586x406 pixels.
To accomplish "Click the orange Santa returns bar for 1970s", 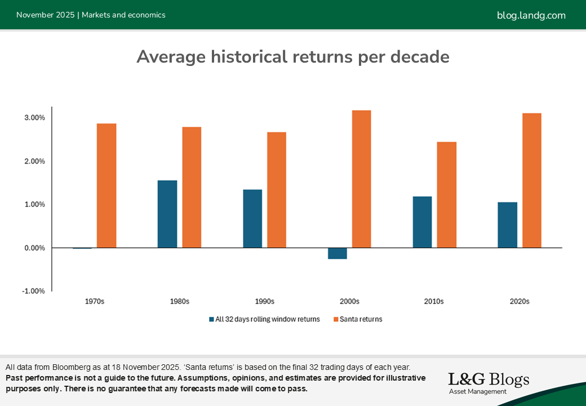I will pos(106,186).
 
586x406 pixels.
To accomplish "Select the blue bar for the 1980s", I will pos(167,214).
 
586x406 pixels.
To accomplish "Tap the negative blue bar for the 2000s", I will pos(338,253).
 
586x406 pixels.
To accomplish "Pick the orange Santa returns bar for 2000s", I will pos(361,179).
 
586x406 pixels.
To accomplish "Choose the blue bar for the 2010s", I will pos(422,222).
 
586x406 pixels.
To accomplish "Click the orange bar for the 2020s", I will pos(531,180).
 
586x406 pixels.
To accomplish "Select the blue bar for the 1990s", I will pos(252,219).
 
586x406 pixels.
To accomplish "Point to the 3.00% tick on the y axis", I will pos(34,118).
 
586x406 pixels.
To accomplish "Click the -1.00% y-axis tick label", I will pos(33,291).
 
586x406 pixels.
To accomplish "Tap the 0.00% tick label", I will pos(34,248).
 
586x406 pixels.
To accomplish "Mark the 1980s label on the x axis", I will pos(179,302).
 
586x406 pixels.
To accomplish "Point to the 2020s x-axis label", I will pos(520,302).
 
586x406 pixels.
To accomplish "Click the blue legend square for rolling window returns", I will pos(211,319).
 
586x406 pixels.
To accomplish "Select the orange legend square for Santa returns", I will pos(336,319).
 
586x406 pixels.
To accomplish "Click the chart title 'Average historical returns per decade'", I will pos(293,57).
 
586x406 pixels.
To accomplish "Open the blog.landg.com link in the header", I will pos(531,15).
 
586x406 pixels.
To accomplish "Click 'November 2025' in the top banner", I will pos(45,15).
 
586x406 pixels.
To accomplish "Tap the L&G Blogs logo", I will pos(489,382).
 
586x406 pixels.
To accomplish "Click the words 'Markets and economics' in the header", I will pos(123,15).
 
